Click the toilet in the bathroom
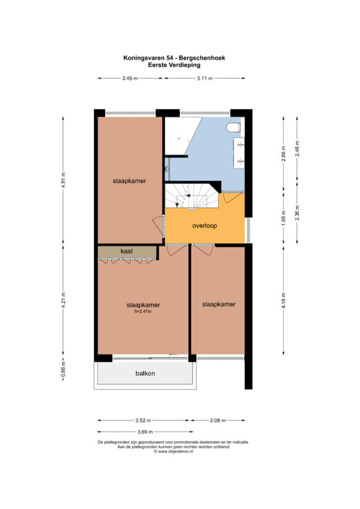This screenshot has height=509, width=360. point(234,128)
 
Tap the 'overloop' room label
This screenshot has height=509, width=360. point(204,226)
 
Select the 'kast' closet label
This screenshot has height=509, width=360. point(127,251)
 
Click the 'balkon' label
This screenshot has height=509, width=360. point(145,373)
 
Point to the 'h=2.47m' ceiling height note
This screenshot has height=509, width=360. point(143,312)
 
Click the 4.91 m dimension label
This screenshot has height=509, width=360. point(63,180)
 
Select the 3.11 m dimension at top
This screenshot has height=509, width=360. point(205,78)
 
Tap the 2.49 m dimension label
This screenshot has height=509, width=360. point(130,78)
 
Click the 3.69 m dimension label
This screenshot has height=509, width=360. point(145,432)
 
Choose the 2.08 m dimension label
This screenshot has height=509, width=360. point(218,421)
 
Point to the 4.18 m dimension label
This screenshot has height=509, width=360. point(284,301)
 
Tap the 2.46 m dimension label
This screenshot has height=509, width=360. point(297,149)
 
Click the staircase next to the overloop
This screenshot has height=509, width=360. point(191,196)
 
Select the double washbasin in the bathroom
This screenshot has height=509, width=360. point(239,153)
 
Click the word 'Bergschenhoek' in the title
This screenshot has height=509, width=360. point(202,58)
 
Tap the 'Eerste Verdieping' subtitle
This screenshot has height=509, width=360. point(175,65)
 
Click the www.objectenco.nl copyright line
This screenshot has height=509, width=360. point(174,451)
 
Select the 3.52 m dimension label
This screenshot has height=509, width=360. point(143,421)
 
